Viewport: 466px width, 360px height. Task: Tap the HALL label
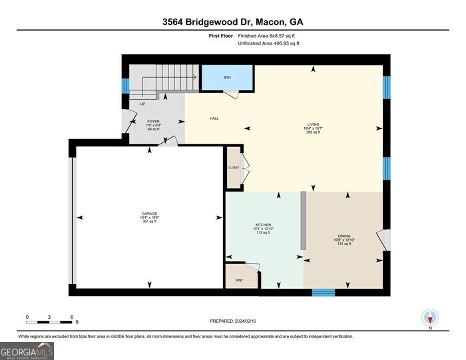pos(214,118)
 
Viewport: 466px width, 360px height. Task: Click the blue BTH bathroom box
pos(227,78)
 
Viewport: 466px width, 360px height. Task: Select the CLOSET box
pos(233,168)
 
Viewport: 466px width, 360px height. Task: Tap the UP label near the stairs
pos(142,104)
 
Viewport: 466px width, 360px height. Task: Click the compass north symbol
pos(430,317)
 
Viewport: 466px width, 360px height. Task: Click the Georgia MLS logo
pos(27,350)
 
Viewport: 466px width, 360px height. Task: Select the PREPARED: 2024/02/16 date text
pos(232,321)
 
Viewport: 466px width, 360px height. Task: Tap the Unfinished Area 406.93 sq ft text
pos(268,43)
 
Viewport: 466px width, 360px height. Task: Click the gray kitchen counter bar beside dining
pos(302,220)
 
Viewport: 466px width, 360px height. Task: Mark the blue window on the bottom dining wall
pos(323,292)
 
